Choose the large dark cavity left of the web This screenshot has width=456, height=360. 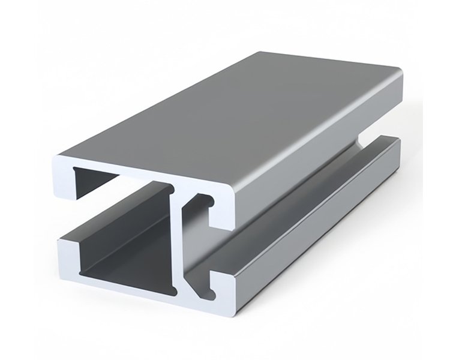[120, 240]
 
